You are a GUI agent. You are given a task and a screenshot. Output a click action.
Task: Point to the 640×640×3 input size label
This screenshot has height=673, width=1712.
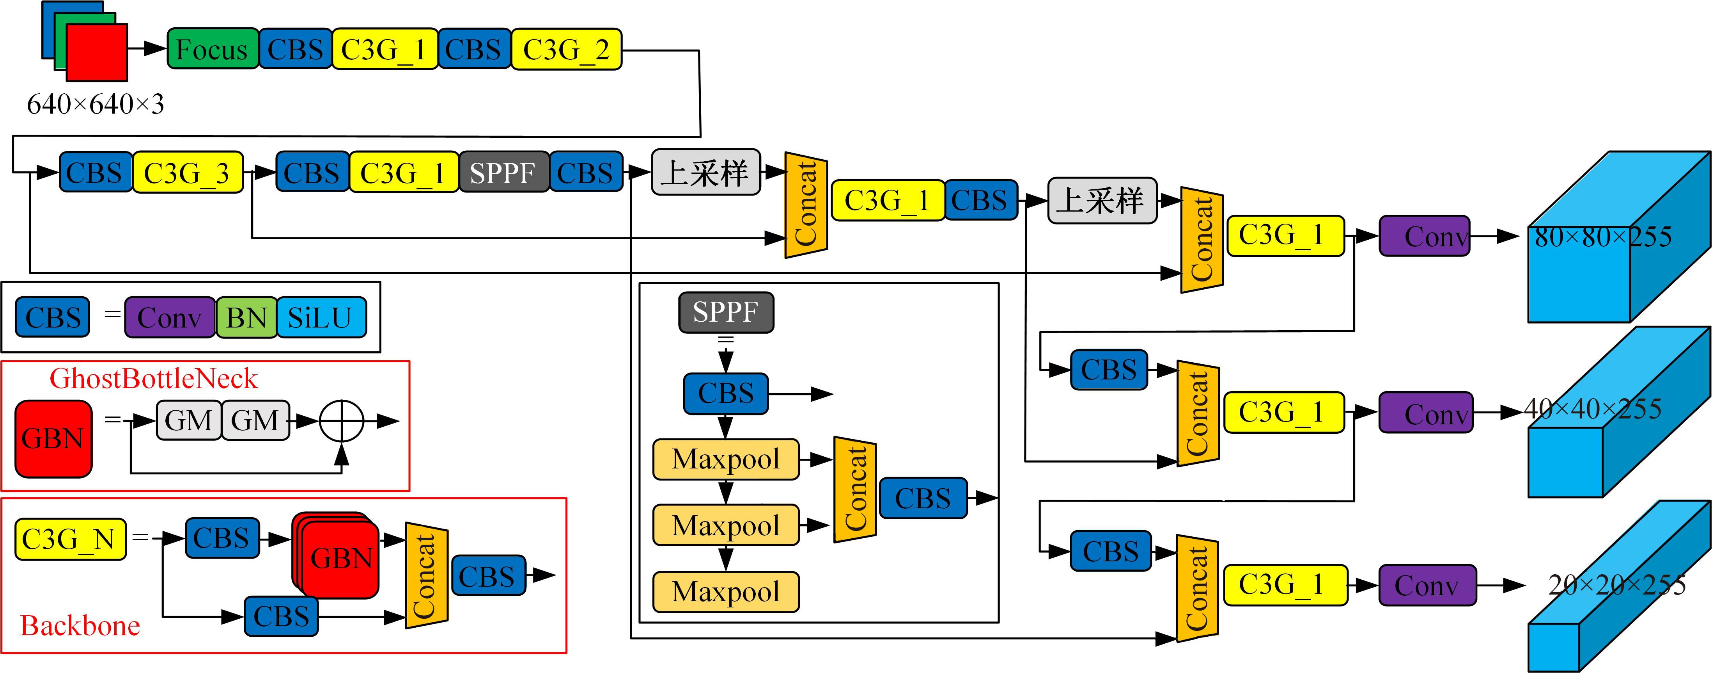pos(95,104)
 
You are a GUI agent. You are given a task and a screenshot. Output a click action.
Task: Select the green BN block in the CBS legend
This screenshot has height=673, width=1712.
pos(246,317)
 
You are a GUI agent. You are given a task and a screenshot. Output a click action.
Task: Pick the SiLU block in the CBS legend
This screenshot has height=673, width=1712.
pos(321,317)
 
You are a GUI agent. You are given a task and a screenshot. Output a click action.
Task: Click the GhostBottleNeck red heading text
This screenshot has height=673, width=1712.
pos(154,378)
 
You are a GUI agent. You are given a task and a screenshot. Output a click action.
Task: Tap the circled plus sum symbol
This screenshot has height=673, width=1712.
pos(342,421)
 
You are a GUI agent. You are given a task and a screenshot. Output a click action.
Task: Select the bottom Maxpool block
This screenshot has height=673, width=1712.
pos(726,591)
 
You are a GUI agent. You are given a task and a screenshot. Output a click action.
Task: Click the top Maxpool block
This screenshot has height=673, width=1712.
pos(726,459)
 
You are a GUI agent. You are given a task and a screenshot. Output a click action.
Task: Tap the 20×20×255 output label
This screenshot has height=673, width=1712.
pos(1616,584)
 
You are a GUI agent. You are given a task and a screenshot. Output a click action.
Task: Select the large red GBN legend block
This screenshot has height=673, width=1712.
pos(53,439)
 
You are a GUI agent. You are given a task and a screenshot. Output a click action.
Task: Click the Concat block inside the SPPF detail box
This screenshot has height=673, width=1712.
pos(855,490)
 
